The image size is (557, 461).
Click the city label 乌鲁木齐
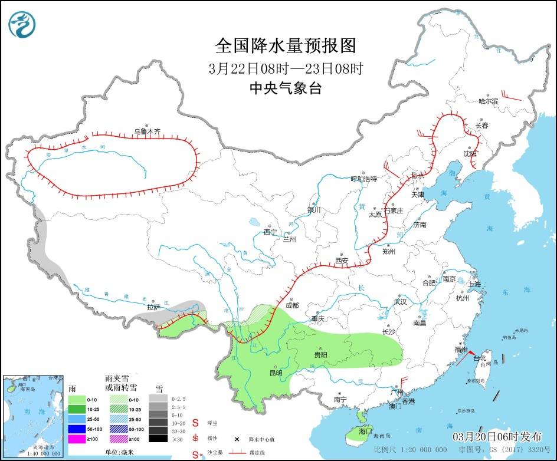click(146, 131)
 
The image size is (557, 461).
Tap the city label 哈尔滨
click(488, 101)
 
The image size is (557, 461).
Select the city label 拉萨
click(153, 307)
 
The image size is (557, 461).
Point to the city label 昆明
click(276, 373)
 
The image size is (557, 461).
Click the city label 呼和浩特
click(363, 179)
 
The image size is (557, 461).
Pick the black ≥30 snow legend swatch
click(157, 438)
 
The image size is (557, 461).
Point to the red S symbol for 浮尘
click(196, 423)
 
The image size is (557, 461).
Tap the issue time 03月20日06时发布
click(497, 437)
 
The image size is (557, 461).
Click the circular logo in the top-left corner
click(22, 24)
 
